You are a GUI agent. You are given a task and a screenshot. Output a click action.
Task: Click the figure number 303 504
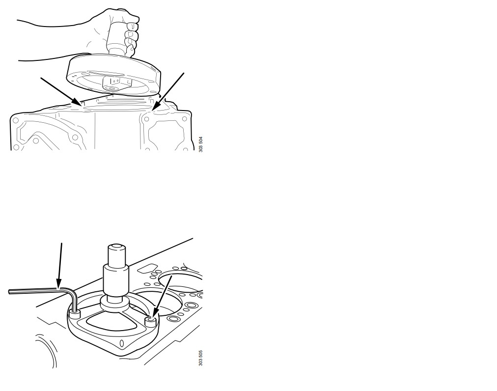[201, 144]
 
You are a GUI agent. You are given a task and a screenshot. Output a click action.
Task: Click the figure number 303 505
[201, 358]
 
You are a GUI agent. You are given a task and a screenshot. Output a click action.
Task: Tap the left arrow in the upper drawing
[61, 91]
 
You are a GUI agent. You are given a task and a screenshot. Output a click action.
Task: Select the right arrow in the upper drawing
[168, 91]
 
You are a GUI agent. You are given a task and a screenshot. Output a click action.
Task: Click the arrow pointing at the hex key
[59, 265]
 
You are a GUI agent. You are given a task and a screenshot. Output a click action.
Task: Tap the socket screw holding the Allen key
[75, 315]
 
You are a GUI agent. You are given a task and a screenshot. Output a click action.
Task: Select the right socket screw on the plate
[150, 322]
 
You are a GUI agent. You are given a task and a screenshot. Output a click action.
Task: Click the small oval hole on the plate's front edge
[122, 344]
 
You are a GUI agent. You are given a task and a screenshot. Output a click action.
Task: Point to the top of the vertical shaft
[116, 247]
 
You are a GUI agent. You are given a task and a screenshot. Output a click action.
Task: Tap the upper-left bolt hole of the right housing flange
[146, 120]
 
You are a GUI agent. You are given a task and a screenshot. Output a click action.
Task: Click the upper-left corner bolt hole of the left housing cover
[15, 121]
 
